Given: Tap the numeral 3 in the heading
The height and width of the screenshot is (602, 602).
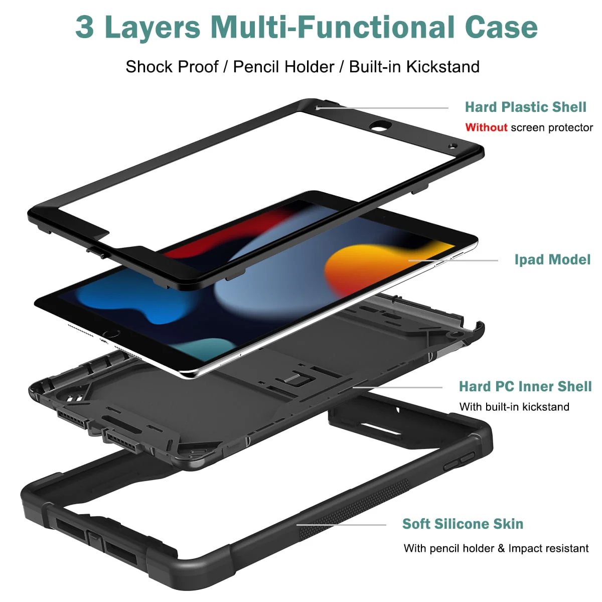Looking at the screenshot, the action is coord(84,28).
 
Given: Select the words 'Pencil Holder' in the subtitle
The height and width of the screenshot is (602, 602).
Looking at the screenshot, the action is coord(283,67).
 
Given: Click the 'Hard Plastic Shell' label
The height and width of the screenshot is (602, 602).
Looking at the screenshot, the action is coord(525,107).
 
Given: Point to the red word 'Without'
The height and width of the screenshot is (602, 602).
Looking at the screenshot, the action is coord(486,127).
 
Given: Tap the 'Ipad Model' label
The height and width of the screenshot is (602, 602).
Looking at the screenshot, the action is coord(552,259).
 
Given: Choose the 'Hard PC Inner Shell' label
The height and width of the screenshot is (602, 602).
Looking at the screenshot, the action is coord(525,386).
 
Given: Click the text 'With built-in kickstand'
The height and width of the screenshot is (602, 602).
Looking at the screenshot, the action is coord(514,407).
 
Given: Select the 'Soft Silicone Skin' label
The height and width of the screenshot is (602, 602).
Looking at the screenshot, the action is coord(463,524).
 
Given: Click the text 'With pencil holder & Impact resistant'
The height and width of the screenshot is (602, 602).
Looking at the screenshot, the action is coord(496,548).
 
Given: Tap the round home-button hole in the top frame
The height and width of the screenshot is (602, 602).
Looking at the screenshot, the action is coord(380,126).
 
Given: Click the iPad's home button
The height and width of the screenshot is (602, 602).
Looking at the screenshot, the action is coord(111,333).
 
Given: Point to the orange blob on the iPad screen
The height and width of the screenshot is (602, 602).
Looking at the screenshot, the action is coord(384,269).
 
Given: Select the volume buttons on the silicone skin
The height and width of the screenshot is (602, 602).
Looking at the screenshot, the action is coord(459,462).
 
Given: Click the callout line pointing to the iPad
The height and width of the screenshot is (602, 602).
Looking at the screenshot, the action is coord(453,260).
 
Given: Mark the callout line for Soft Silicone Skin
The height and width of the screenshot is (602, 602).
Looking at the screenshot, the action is coord(341,525).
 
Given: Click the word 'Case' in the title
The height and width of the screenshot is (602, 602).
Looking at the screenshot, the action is coord(501,27).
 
